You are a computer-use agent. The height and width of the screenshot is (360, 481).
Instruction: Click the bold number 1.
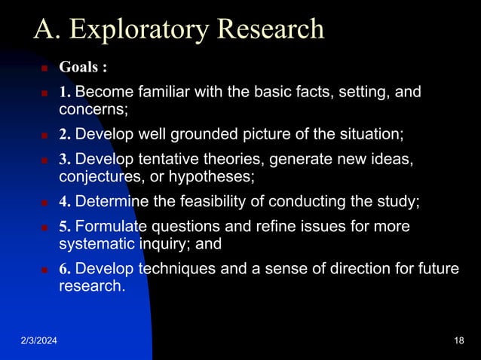tap(65, 93)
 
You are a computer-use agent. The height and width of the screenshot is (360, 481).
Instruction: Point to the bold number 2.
tap(65, 135)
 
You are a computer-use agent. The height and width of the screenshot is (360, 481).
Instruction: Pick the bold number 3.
tap(65, 160)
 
